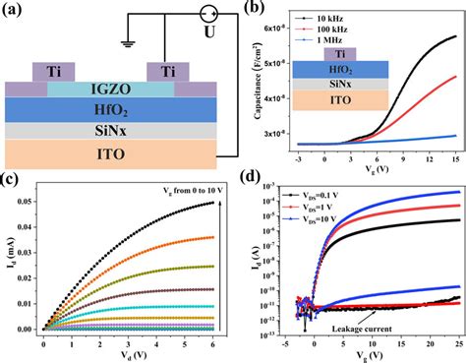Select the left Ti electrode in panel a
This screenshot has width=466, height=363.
51,72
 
